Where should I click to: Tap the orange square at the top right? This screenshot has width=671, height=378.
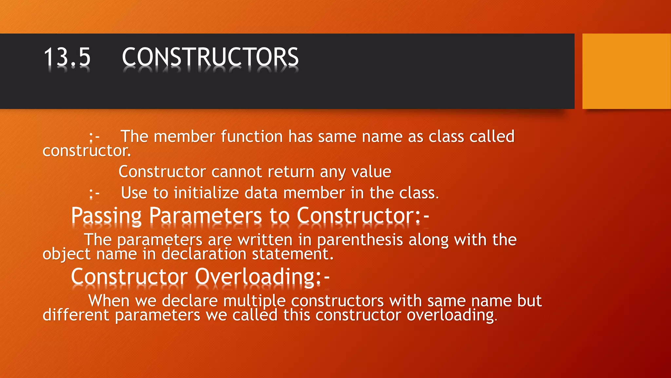pos(626,71)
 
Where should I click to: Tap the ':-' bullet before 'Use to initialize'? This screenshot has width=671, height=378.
pos(94,194)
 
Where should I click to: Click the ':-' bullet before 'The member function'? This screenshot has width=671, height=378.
pos(94,137)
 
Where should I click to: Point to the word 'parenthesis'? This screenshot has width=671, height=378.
pos(360,240)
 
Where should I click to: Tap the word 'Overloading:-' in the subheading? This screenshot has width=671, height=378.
pos(262,277)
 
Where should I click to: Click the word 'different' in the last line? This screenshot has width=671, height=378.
pos(76,315)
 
